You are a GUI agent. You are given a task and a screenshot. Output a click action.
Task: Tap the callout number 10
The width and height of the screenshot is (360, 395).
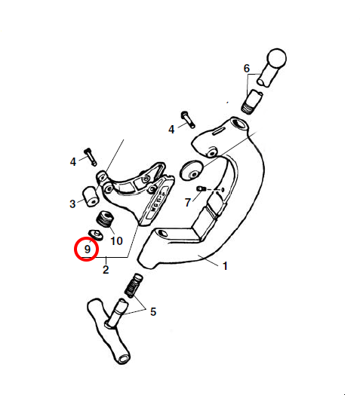click(116, 241)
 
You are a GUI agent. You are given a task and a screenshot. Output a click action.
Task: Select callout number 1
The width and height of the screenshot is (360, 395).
click(225, 266)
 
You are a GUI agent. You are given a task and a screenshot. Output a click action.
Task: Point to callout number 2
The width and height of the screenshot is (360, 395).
click(106, 270)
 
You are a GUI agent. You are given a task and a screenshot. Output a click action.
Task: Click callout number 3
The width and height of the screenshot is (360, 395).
click(72, 204)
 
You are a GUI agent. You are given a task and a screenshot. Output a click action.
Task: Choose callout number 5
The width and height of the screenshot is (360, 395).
click(153, 312)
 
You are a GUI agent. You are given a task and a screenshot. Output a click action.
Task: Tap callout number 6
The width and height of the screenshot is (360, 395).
click(247, 69)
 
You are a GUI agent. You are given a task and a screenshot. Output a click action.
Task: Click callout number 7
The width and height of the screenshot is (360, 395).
click(187, 202)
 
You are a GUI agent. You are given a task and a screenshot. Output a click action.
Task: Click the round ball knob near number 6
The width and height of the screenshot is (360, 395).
click(277, 58)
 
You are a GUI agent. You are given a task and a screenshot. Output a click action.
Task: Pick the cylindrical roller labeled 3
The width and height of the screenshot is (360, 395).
click(91, 197)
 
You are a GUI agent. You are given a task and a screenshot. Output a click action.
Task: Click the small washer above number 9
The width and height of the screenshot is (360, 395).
click(96, 235)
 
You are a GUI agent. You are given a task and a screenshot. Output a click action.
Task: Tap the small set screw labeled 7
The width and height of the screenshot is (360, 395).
click(201, 188)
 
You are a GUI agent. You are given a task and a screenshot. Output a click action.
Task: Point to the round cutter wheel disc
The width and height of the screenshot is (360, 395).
click(191, 170)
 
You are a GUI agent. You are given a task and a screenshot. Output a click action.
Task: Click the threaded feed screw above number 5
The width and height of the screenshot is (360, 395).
click(134, 286)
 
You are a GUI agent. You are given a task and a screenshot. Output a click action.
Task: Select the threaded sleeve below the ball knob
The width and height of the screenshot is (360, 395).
click(252, 102)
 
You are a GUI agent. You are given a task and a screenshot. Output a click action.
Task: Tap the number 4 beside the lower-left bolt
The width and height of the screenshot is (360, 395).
click(73, 162)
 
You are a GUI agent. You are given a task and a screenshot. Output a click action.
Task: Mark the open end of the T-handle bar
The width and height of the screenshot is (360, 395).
click(124, 359)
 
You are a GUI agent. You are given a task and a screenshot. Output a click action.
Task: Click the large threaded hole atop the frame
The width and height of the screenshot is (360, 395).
click(238, 124)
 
